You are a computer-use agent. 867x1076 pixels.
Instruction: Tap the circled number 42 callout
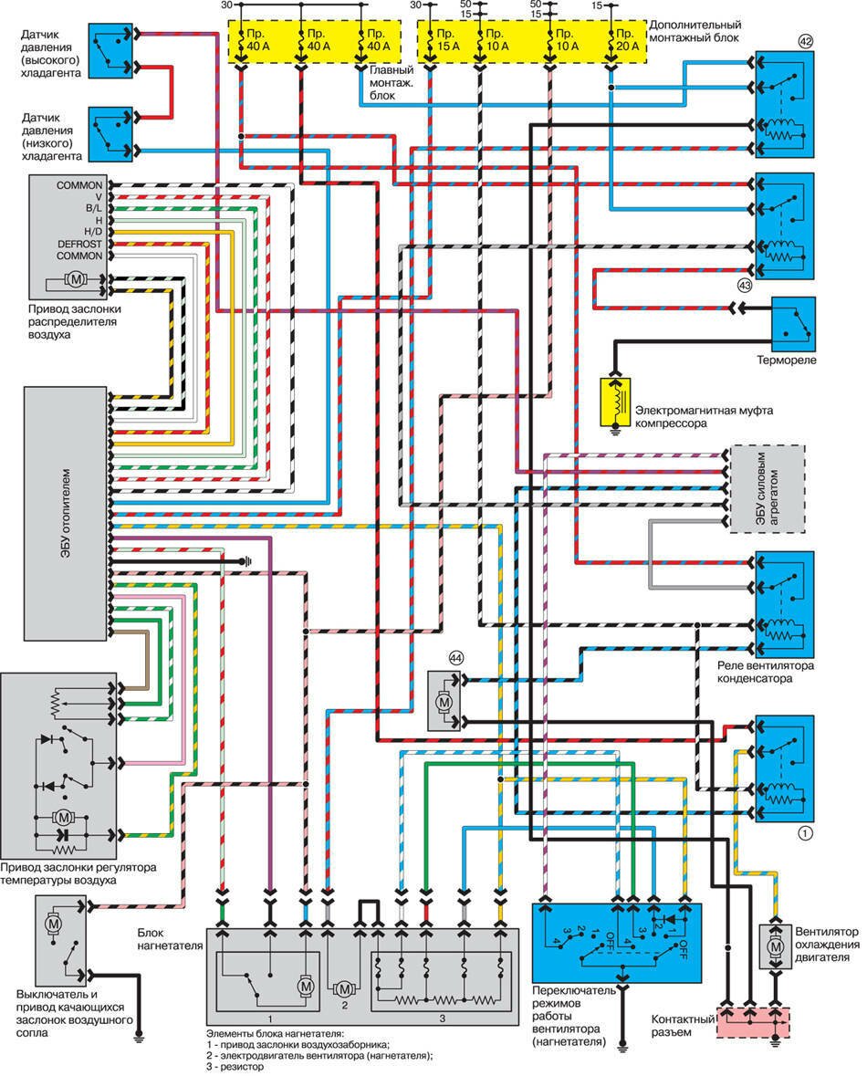(804, 40)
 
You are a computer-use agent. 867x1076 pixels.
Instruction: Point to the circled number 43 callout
(745, 285)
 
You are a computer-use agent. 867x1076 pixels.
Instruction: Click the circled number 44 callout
(455, 657)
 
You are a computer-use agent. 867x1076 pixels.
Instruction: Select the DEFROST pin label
(79, 244)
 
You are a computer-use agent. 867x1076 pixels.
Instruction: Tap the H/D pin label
(90, 232)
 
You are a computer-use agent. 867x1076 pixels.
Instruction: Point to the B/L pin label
(92, 208)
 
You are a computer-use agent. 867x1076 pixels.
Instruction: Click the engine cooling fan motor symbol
(776, 950)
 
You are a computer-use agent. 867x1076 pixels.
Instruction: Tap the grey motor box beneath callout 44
(444, 701)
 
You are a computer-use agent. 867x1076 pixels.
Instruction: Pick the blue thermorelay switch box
(793, 323)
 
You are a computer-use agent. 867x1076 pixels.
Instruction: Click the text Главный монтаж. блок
(392, 82)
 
